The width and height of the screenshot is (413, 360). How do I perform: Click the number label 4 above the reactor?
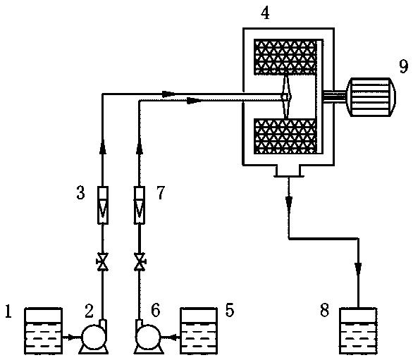265,13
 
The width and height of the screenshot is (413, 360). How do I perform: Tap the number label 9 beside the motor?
404,66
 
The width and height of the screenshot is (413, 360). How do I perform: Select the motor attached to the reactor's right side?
371,97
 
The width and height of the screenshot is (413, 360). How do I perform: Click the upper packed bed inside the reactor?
285,57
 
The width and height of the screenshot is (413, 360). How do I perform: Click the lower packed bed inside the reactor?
285,137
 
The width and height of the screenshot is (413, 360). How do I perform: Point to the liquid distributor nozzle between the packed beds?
285,97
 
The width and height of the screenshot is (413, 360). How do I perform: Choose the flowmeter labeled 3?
103,205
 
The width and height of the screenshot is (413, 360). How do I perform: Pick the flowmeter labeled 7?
140,205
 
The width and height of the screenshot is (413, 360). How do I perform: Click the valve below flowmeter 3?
102,261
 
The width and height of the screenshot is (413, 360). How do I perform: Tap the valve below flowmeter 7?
140,261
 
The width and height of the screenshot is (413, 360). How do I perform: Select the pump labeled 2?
94,337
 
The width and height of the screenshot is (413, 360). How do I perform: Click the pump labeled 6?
148,337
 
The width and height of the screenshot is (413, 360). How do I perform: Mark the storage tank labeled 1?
44,331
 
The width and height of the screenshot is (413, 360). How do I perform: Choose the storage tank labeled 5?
199,331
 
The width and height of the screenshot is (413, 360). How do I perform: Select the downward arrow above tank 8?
358,268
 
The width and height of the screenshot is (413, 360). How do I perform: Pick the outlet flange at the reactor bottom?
289,171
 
